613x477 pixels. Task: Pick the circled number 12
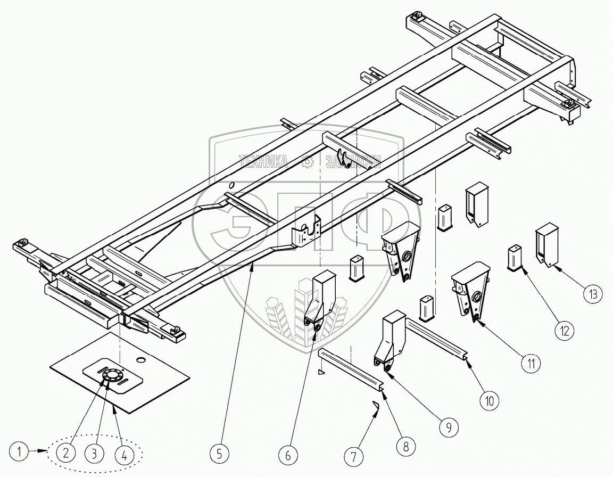(565, 331)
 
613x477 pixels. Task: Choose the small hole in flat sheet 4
(141, 360)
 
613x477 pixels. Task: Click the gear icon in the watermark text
(306, 162)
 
